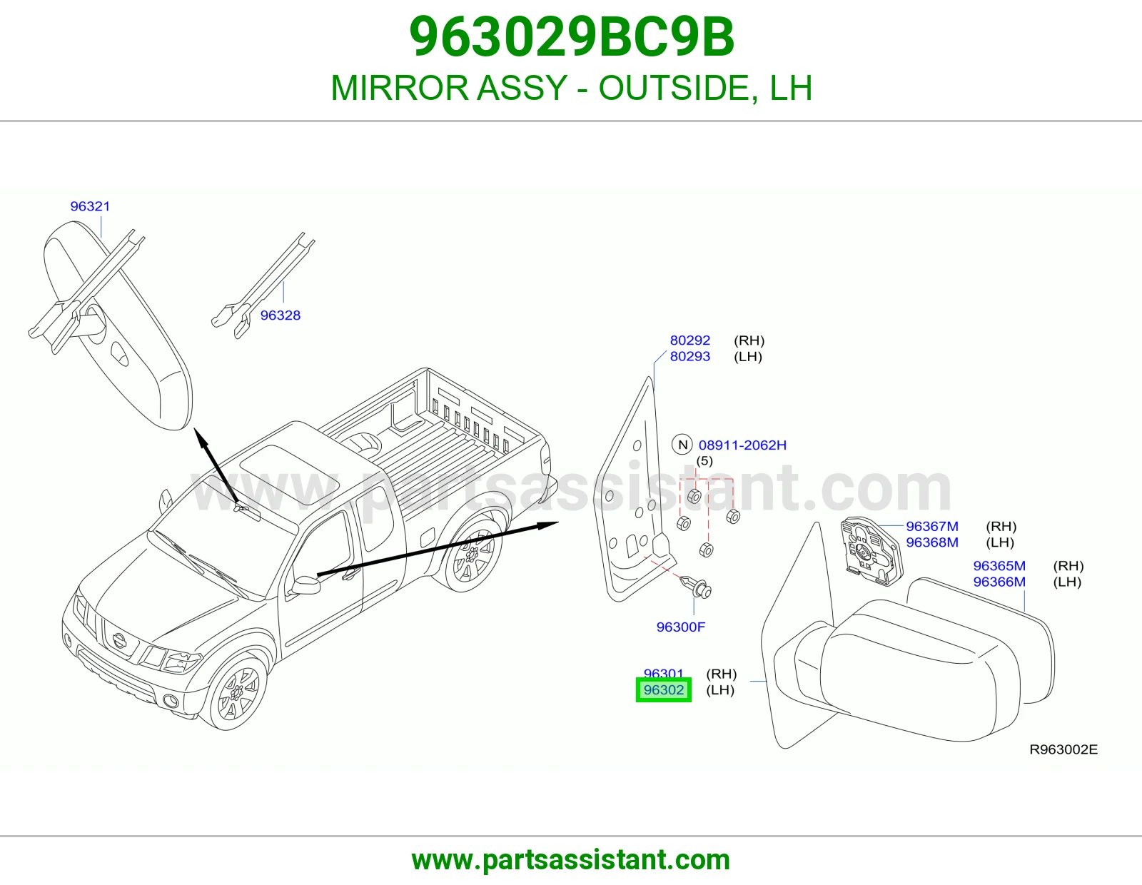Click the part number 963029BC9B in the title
[571, 38]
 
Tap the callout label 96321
[91, 206]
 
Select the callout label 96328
[281, 315]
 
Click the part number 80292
[690, 340]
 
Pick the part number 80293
[690, 356]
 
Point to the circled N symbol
[682, 445]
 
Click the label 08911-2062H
[742, 445]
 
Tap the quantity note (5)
[704, 461]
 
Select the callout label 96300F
[681, 627]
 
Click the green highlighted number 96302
[664, 689]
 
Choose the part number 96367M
[932, 526]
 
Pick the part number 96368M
[932, 542]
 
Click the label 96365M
[999, 565]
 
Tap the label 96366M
[999, 582]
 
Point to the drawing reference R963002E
[1063, 749]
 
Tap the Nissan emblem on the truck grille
[120, 641]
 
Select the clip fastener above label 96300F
[697, 587]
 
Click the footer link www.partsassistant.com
[571, 860]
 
